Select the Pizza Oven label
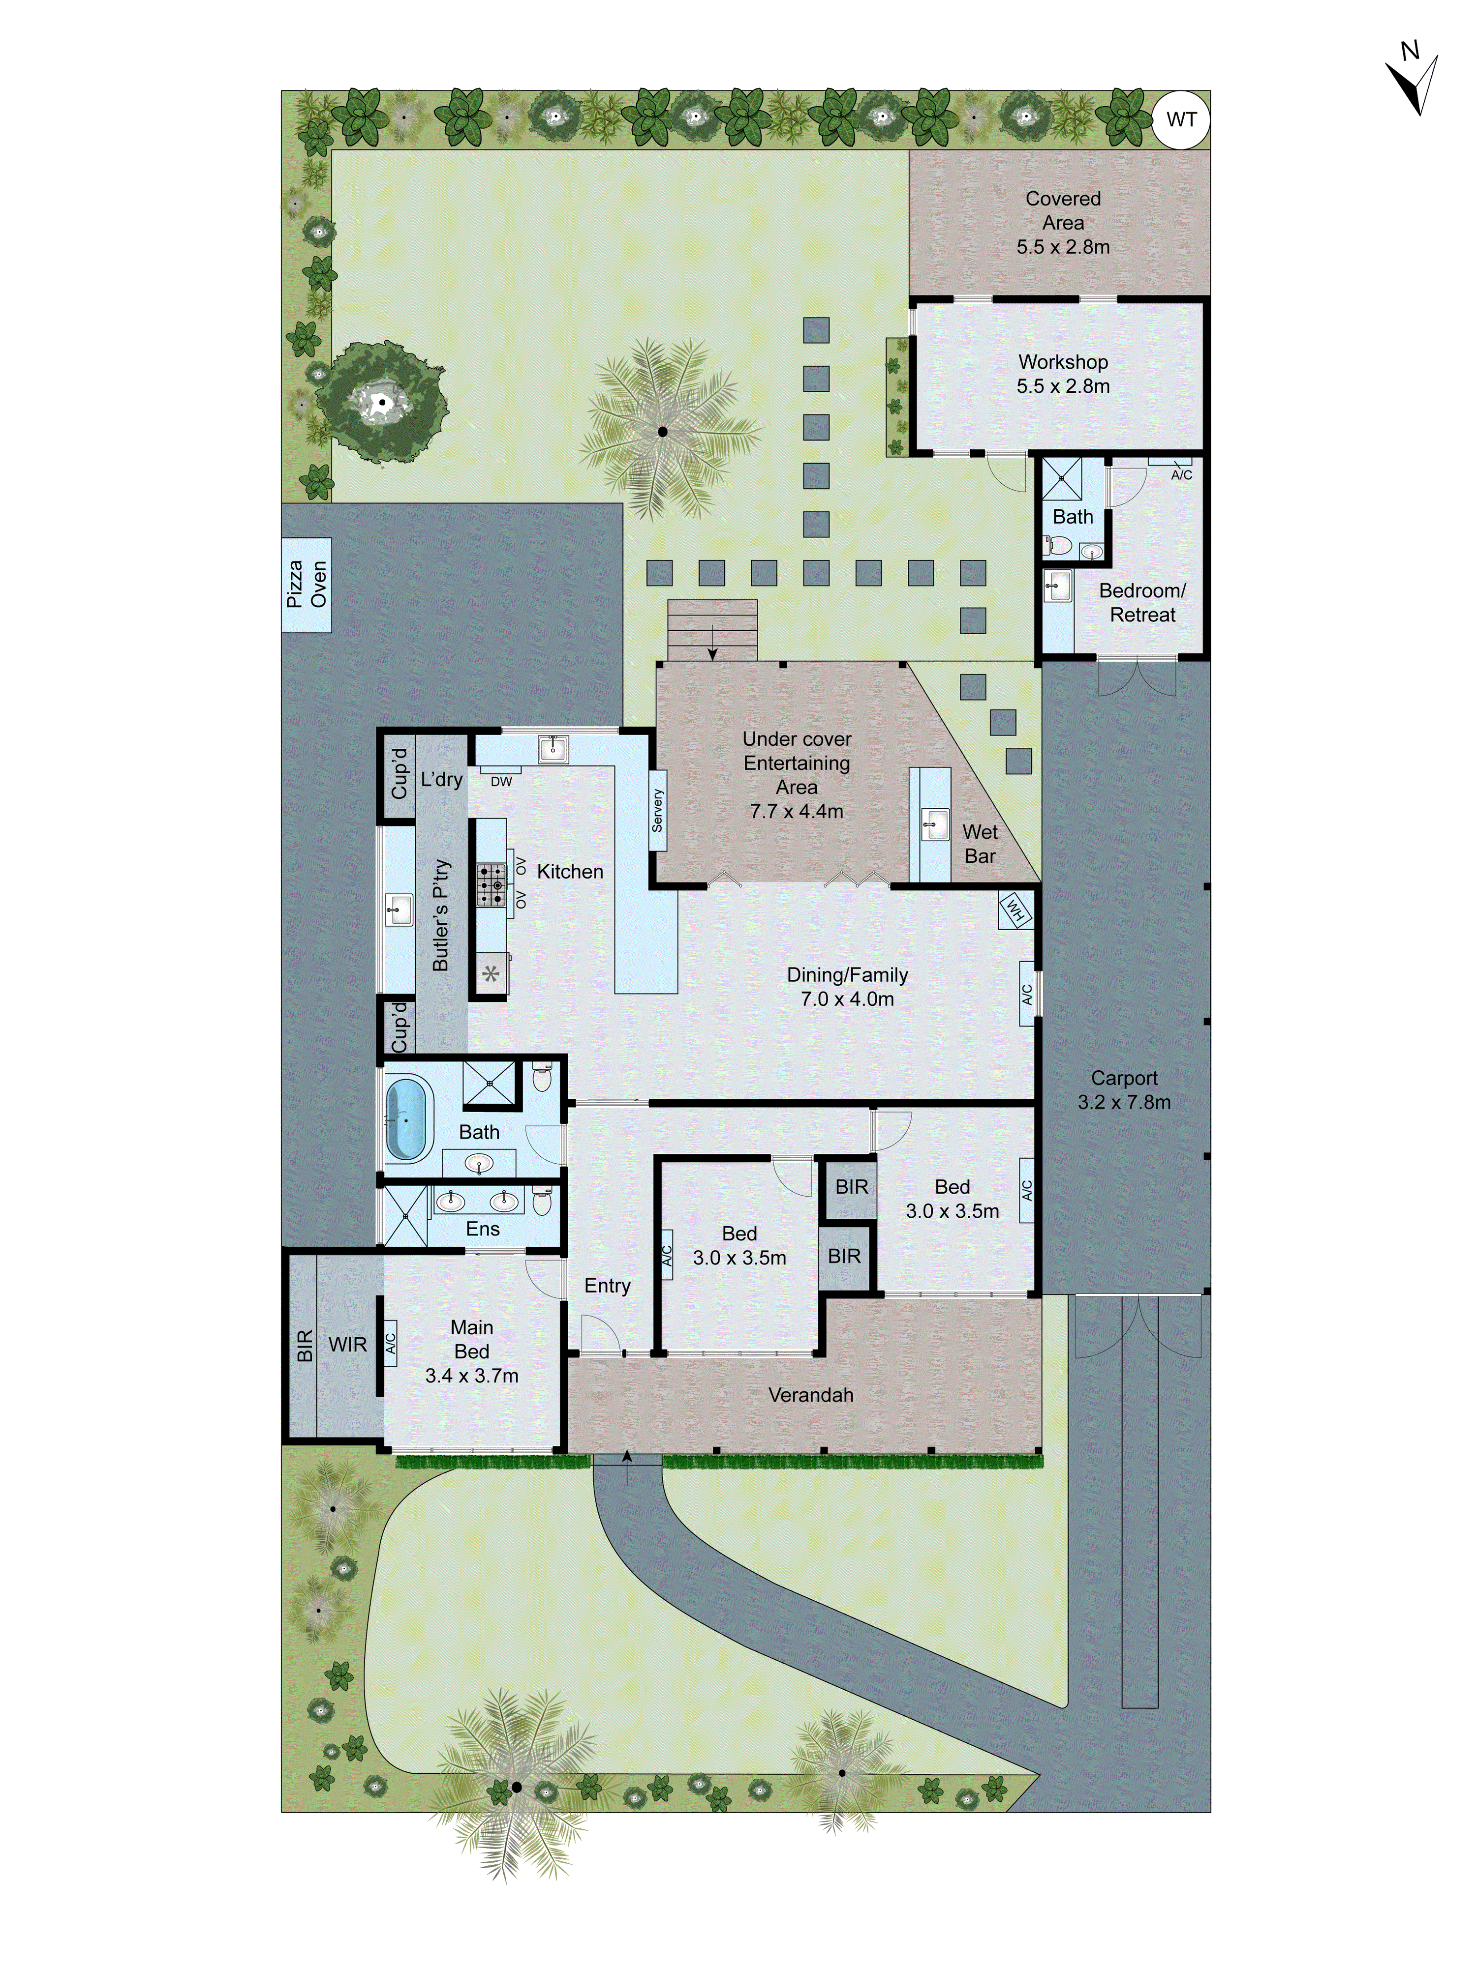coord(306,584)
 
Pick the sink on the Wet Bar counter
coord(934,824)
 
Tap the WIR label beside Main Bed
coord(347,1345)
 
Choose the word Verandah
coord(810,1394)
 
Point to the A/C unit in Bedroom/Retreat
coord(1181,469)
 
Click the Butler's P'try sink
coord(399,910)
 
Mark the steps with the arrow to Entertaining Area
coord(712,630)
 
